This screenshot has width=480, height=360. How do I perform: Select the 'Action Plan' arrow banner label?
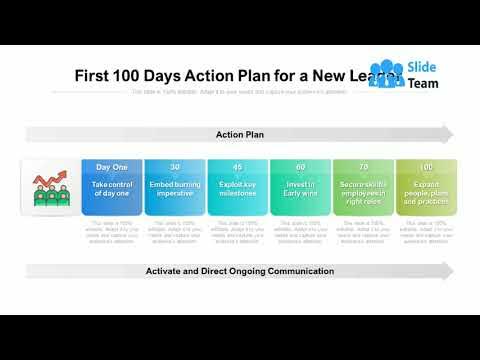pyautogui.click(x=240, y=134)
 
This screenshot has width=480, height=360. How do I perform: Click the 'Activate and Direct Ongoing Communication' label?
pyautogui.click(x=240, y=271)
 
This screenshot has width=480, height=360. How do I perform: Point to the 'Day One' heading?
pyautogui.click(x=111, y=167)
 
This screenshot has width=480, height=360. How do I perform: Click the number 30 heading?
pyautogui.click(x=175, y=167)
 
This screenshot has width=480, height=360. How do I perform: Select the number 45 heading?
pyautogui.click(x=237, y=167)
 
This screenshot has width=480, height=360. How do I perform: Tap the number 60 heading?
pyautogui.click(x=300, y=167)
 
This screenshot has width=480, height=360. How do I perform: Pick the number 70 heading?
pyautogui.click(x=363, y=167)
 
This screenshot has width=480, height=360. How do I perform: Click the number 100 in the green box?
pyautogui.click(x=426, y=167)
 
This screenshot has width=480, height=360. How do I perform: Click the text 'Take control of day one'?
pyautogui.click(x=111, y=190)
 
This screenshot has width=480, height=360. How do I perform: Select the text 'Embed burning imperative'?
pyautogui.click(x=175, y=190)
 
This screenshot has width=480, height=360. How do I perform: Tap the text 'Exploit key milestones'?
pyautogui.click(x=237, y=190)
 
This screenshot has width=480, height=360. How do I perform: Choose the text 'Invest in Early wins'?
pyautogui.click(x=300, y=190)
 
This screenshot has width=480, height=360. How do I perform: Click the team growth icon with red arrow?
pyautogui.click(x=51, y=187)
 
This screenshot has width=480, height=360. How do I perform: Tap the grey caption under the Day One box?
pyautogui.click(x=111, y=231)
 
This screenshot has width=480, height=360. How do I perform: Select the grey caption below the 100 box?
pyautogui.click(x=426, y=231)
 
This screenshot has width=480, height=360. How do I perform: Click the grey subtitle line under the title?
pyautogui.click(x=239, y=92)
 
